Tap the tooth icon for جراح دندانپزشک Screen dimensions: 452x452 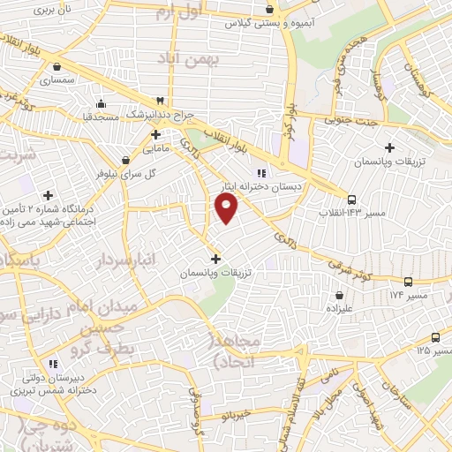[160, 101]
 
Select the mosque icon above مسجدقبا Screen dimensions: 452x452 [102, 102]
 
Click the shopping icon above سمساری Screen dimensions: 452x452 [56, 65]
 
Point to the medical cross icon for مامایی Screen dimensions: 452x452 [155, 135]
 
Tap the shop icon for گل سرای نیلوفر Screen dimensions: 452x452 [127, 161]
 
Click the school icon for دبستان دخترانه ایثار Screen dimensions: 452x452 [261, 173]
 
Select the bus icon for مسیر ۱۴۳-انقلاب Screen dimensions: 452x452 [352, 200]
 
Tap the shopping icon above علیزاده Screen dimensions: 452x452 [339, 295]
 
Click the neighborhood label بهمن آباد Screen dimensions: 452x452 [181, 56]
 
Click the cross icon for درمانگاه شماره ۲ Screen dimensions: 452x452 [48, 195]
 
